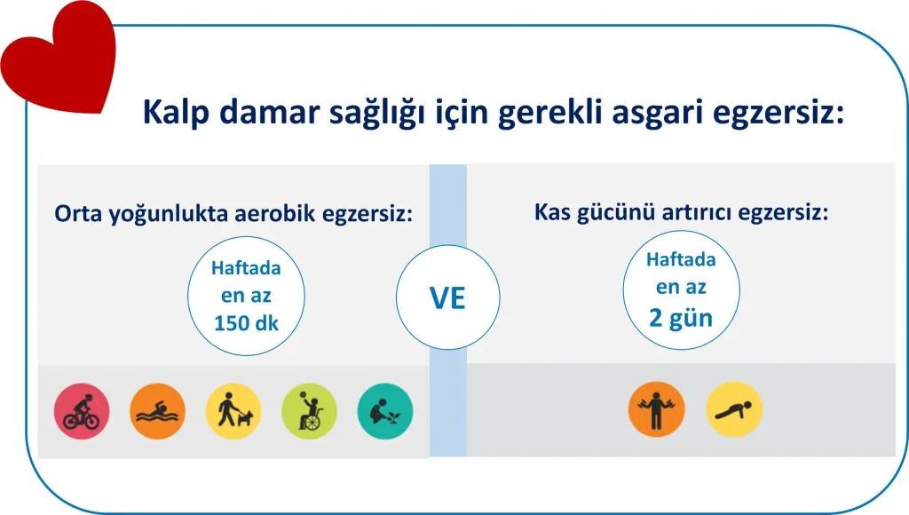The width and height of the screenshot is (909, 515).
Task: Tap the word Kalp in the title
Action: [176, 112]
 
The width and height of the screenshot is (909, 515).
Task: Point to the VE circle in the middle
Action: [447, 297]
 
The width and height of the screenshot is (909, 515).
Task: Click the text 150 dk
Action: [247, 323]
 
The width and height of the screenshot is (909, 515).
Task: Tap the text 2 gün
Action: [681, 319]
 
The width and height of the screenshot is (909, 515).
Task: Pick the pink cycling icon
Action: [82, 411]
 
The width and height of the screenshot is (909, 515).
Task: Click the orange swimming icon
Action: [158, 411]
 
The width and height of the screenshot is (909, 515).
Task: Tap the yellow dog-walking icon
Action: [233, 411]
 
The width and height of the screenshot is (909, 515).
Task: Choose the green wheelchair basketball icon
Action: [310, 411]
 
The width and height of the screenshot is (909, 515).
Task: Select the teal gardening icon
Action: [385, 411]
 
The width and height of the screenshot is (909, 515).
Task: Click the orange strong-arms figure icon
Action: [657, 408]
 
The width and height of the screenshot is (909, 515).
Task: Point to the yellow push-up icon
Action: [734, 408]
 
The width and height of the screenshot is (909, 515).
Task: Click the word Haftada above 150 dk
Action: [247, 268]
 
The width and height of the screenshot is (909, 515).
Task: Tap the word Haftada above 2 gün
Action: [681, 259]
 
